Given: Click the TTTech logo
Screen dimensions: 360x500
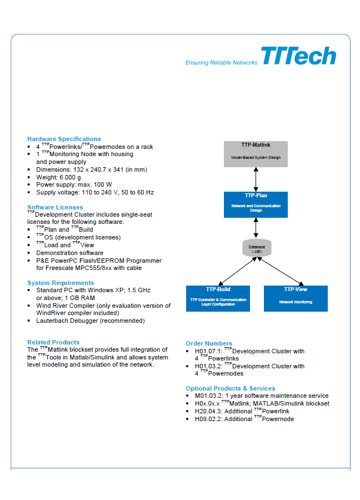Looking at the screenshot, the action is (x=298, y=56).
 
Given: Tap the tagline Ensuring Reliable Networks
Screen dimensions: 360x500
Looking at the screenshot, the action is (x=221, y=62).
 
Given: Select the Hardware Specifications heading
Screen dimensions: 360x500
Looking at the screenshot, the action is (x=64, y=139).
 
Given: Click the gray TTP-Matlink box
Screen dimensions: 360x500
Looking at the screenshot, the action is (x=256, y=154).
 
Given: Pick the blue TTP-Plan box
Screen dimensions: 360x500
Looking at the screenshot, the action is (x=256, y=204).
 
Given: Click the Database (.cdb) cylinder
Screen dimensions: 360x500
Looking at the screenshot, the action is (x=257, y=248).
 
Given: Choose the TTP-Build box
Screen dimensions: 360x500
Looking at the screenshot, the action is (x=218, y=298).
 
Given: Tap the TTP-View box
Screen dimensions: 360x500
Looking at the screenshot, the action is (x=296, y=298).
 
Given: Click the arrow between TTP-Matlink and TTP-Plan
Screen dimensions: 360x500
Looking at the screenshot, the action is (x=256, y=179).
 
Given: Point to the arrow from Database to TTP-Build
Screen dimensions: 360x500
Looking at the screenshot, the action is (x=237, y=271).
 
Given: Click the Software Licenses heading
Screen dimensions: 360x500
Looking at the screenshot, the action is (x=55, y=207).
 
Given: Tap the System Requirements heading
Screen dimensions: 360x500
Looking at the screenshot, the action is (x=61, y=283).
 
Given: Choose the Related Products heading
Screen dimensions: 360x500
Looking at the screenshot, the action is (x=53, y=342).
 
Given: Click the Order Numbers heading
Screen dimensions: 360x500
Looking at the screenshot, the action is (x=209, y=343).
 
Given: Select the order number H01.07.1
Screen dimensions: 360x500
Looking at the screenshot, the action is (x=208, y=351).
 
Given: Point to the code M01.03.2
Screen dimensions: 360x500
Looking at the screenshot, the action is (x=208, y=396).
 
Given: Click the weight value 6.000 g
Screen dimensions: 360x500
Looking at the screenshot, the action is (x=70, y=177).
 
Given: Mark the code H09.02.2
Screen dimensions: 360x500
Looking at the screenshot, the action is (x=208, y=419).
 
